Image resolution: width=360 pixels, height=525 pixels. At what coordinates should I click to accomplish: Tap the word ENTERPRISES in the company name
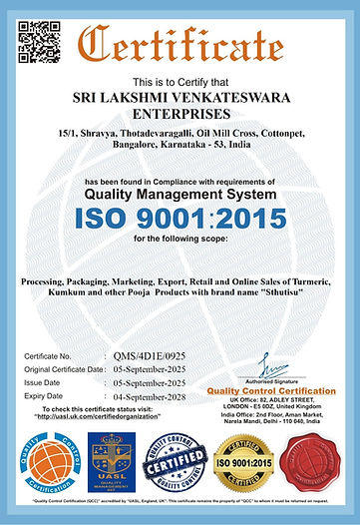(x=180, y=117)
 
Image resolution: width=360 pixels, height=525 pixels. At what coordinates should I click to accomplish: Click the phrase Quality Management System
(x=180, y=194)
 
